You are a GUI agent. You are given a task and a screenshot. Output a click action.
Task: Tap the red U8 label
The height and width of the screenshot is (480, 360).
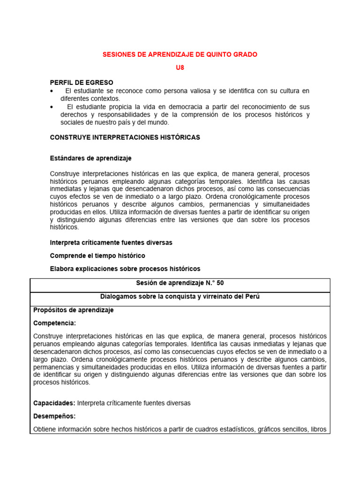[x=180, y=68]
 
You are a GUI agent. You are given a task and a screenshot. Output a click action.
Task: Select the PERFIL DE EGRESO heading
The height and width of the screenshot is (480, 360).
[x=82, y=82]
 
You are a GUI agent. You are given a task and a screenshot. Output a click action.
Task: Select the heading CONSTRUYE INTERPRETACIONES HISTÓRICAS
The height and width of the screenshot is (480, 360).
[x=125, y=137]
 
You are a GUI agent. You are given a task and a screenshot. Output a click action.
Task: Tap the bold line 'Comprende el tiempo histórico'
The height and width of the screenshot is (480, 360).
[x=97, y=255]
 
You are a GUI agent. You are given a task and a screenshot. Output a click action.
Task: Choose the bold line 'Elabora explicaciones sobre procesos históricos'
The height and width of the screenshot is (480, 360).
[x=125, y=269]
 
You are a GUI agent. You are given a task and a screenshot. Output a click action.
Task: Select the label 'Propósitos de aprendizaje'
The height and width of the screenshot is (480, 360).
[x=74, y=310]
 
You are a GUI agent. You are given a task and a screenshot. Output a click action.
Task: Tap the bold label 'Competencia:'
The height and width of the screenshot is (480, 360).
[x=54, y=323]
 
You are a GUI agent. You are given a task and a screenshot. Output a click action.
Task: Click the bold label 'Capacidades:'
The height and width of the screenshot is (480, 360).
[x=54, y=403]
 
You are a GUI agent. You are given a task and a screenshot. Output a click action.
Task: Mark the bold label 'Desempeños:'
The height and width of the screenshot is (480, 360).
[x=54, y=416]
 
